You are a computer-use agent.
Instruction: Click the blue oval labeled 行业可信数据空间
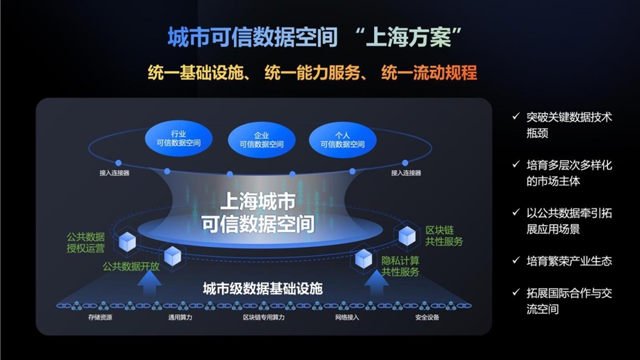(x=178, y=139)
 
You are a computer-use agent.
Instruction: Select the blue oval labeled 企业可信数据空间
(x=261, y=140)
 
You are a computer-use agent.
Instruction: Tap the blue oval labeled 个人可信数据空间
(x=343, y=140)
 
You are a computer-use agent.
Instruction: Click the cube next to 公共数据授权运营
(x=127, y=242)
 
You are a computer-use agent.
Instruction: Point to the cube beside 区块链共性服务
(x=407, y=235)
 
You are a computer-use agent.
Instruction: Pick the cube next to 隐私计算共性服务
(x=363, y=258)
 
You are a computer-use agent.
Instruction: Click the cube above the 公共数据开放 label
(x=173, y=256)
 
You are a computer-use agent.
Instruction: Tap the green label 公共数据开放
(x=131, y=267)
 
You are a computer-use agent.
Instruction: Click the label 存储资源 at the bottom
(x=100, y=317)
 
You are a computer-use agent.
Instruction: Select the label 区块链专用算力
(x=264, y=317)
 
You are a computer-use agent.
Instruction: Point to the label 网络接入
(x=347, y=317)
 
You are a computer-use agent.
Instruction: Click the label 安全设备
(x=427, y=317)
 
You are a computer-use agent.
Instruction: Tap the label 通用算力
(x=180, y=317)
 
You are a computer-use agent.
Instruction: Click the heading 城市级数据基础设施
(x=263, y=289)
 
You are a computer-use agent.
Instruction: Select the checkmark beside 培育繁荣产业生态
(x=516, y=260)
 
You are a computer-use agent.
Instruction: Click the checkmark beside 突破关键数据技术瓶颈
(x=516, y=117)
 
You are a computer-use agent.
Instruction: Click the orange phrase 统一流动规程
(x=429, y=73)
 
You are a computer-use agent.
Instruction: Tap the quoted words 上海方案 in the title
(x=409, y=37)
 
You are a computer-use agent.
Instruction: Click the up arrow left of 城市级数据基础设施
(x=149, y=282)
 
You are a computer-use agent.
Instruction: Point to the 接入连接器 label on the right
(x=406, y=173)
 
